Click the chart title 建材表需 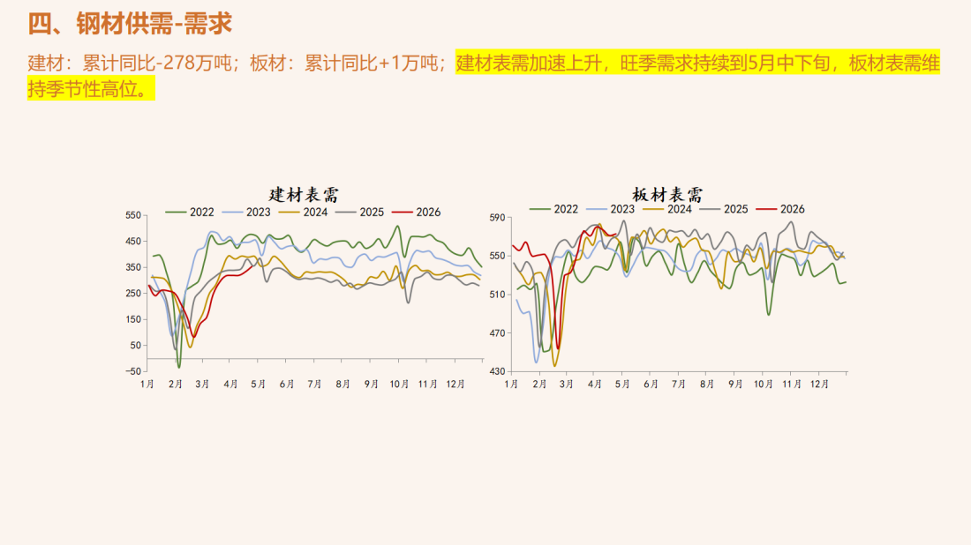(x=304, y=194)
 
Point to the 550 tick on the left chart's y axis (x=132, y=215)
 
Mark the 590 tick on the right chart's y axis (x=496, y=217)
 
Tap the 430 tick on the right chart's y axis (x=496, y=371)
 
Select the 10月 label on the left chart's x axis (x=400, y=384)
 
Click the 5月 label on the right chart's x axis (x=623, y=384)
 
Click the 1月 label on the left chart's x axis (x=148, y=384)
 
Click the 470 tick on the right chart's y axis (x=496, y=332)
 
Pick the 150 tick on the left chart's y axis (x=132, y=319)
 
